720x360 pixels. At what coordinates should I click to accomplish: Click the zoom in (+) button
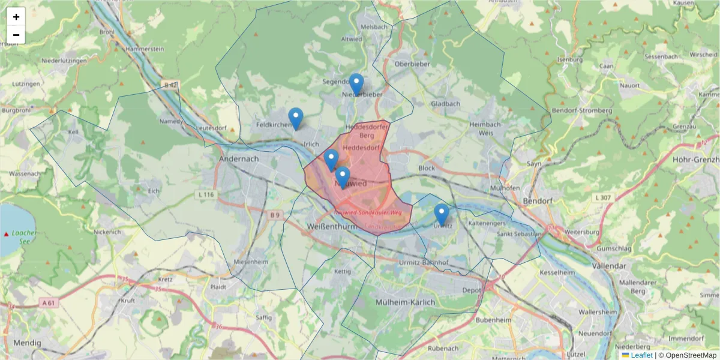[16, 17]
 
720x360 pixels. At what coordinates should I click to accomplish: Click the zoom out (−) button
[16, 35]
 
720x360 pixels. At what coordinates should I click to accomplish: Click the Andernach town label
[239, 159]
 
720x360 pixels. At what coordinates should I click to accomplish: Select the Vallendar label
[609, 266]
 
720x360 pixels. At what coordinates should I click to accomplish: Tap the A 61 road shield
[49, 304]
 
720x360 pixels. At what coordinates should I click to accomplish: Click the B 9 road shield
[275, 215]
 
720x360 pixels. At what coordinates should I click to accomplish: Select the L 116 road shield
[205, 195]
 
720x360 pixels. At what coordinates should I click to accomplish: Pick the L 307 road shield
[603, 197]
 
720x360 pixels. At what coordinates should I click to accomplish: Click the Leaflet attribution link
[641, 355]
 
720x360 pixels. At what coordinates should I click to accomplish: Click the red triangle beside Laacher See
[7, 233]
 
